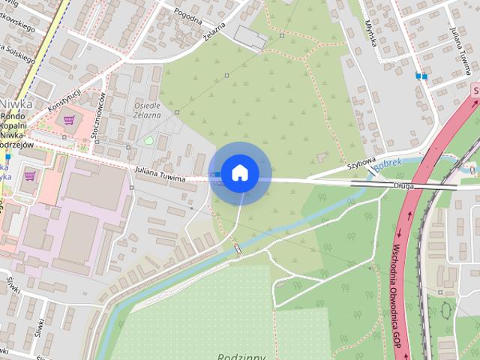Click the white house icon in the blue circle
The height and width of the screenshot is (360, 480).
click(x=239, y=172)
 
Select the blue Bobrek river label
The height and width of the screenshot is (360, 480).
click(x=388, y=163)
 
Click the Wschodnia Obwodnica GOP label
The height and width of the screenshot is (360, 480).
click(x=398, y=293)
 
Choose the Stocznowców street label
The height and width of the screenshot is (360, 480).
click(x=100, y=114)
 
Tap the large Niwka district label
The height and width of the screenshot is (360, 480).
click(x=15, y=104)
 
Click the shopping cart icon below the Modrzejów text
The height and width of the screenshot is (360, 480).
click(x=30, y=176)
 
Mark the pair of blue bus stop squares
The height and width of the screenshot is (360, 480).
click(x=421, y=75)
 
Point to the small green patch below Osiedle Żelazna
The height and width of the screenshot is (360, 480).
click(x=148, y=140)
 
